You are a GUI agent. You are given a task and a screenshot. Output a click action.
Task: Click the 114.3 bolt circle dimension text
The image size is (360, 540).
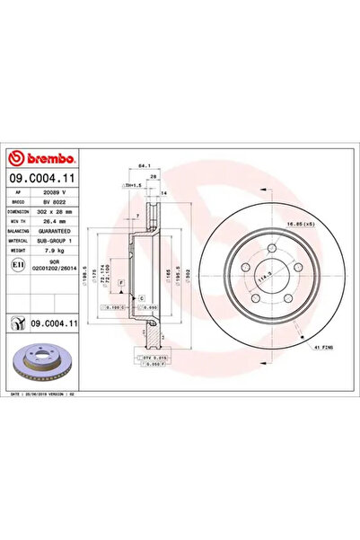(x=262, y=279)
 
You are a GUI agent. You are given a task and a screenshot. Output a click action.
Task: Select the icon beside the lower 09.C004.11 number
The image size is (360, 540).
(x=15, y=321)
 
